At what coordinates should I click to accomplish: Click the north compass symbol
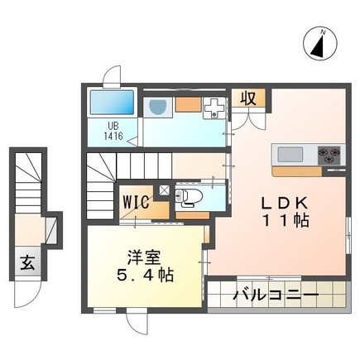tap(320, 43)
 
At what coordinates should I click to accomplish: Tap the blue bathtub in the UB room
tap(112, 102)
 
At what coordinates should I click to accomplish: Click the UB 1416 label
tap(113, 131)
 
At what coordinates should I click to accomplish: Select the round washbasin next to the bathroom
tap(157, 107)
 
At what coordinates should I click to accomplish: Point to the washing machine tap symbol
tap(214, 108)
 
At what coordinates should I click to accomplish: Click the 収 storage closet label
tap(248, 98)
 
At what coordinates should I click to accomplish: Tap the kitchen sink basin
tap(290, 155)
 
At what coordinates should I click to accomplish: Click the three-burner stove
tap(329, 155)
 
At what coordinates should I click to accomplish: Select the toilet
tap(186, 197)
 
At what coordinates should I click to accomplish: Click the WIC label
tap(137, 202)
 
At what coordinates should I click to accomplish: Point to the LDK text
tap(285, 203)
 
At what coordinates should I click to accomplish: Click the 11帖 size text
tap(286, 221)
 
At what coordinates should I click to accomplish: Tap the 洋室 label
tap(144, 257)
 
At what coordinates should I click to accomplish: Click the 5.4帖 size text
tap(146, 275)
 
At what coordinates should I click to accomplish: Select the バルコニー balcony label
tap(276, 295)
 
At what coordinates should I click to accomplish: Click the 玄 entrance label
tap(28, 263)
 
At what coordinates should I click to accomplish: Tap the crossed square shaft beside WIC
tap(164, 190)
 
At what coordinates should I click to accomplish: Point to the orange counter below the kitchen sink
tap(297, 171)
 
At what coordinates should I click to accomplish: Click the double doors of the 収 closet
tap(248, 118)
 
